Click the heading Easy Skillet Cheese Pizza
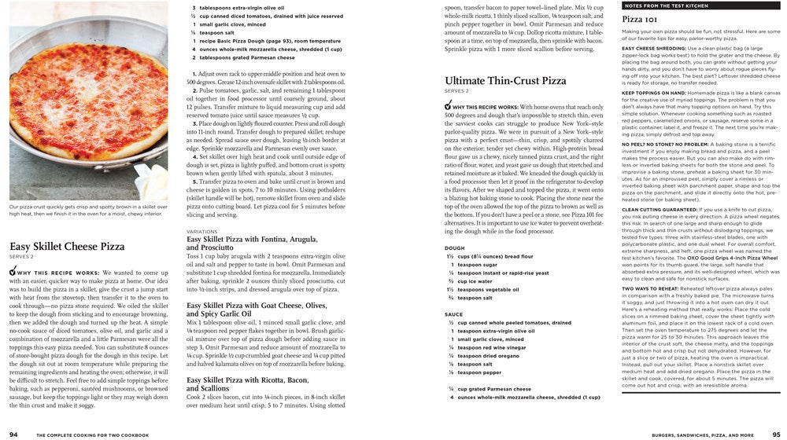point(66,246)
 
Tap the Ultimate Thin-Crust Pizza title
point(504,80)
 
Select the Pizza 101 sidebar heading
point(641,18)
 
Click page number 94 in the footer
point(14,434)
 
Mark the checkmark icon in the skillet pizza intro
point(13,271)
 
